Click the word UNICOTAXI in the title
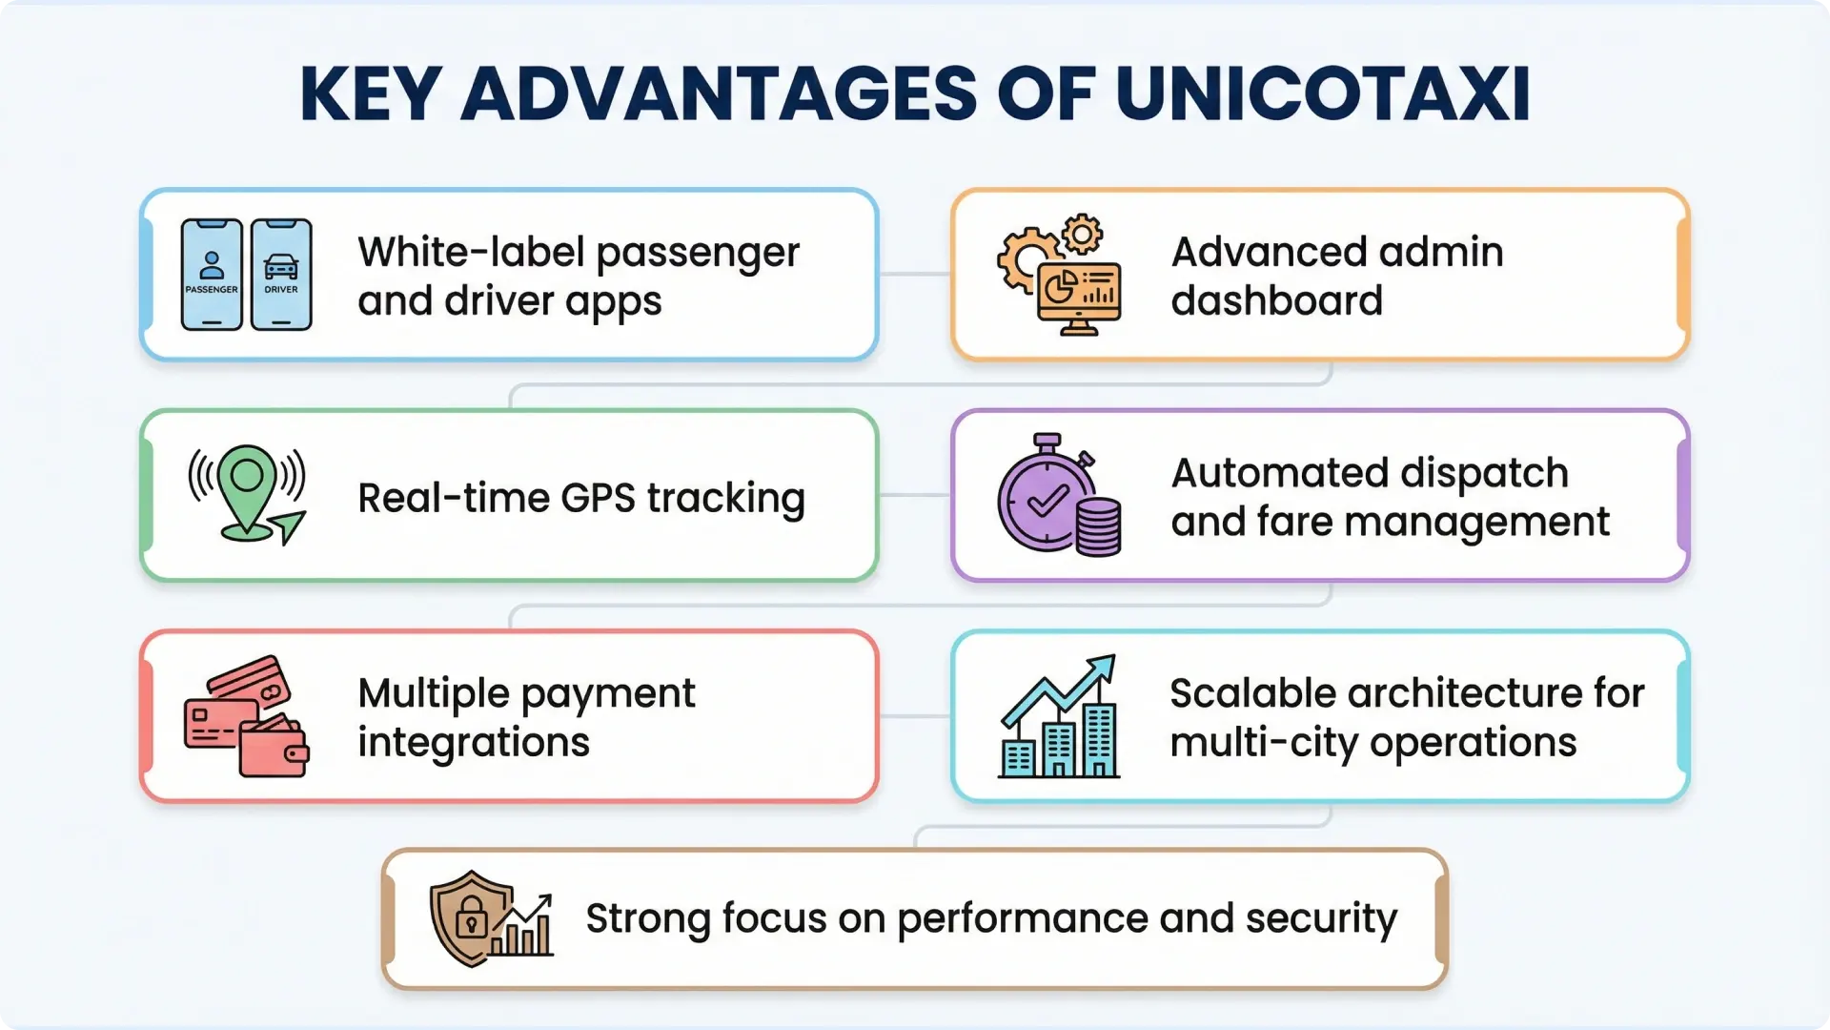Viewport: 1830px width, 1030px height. [x=1323, y=93]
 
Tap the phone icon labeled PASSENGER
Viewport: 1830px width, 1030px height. [x=212, y=275]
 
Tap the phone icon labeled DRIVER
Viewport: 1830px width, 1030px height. [x=281, y=275]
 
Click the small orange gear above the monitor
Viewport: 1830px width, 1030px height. [x=1082, y=234]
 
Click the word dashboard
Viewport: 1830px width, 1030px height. [x=1276, y=301]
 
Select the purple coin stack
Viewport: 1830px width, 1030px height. [x=1098, y=527]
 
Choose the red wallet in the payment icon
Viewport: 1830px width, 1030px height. [x=274, y=749]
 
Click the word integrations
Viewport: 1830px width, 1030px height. [x=474, y=742]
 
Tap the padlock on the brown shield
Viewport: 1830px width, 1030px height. [x=471, y=918]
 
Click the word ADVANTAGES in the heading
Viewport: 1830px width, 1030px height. [x=720, y=93]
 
